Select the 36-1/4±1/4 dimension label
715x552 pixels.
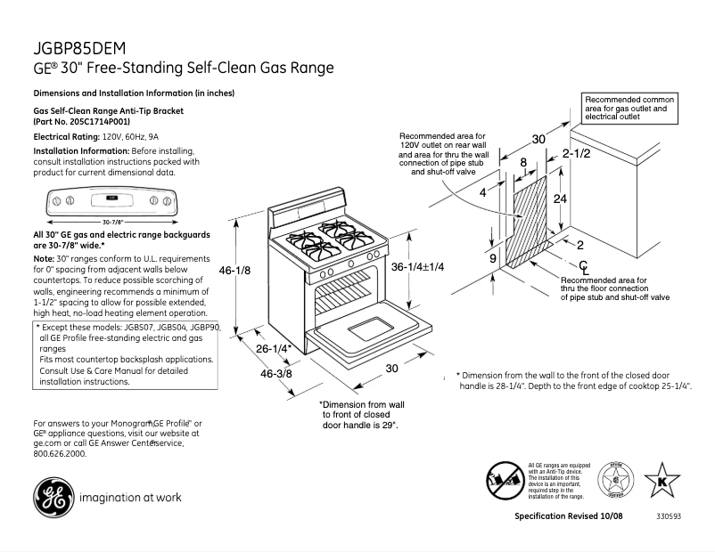point(418,266)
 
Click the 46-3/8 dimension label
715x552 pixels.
point(277,374)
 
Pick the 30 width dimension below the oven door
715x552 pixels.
point(390,369)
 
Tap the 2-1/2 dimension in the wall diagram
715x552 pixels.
point(578,154)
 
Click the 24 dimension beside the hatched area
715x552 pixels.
point(560,199)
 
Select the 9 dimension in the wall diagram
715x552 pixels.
point(493,257)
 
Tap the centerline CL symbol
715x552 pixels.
point(583,267)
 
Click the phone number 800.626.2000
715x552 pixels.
point(60,453)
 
